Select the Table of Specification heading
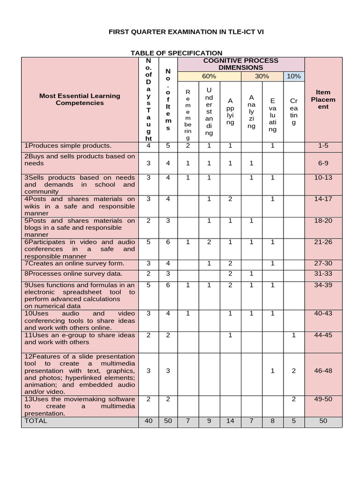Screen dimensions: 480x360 pos(176,53)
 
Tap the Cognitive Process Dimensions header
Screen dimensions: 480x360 pos(240,64)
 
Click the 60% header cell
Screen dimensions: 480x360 pos(209,76)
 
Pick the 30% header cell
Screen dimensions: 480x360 pos(262,76)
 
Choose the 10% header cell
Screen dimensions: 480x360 pos(293,76)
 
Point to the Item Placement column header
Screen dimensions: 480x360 pos(323,99)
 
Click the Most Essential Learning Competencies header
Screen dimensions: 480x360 pos(80,99)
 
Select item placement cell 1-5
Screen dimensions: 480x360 pos(323,146)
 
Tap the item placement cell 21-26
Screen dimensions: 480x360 pos(323,242)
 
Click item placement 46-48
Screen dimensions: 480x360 pos(323,370)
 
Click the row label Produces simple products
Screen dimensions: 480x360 pos(68,146)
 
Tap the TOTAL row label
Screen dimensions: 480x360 pos(36,421)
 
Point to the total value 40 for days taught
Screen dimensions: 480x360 pos(149,421)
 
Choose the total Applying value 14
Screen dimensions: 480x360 pos(230,421)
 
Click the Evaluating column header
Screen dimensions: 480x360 pos(272,115)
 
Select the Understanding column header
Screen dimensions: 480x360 pos(209,112)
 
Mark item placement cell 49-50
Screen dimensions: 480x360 pos(323,399)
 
